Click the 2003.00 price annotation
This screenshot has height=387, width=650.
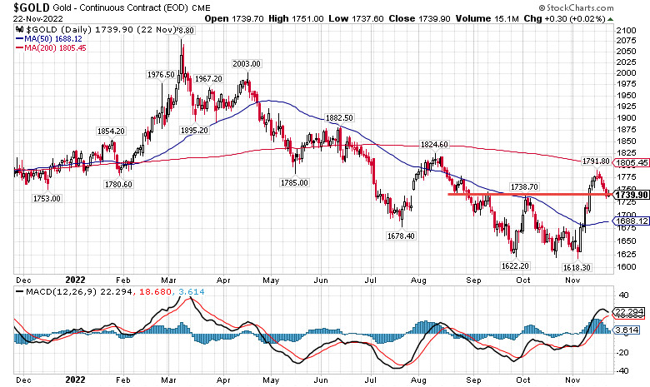point(247,64)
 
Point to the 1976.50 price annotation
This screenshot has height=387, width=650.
point(161,74)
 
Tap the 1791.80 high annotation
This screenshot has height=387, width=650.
point(595,161)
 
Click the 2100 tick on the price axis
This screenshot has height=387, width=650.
point(626,30)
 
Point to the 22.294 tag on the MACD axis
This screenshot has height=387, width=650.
point(627,311)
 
